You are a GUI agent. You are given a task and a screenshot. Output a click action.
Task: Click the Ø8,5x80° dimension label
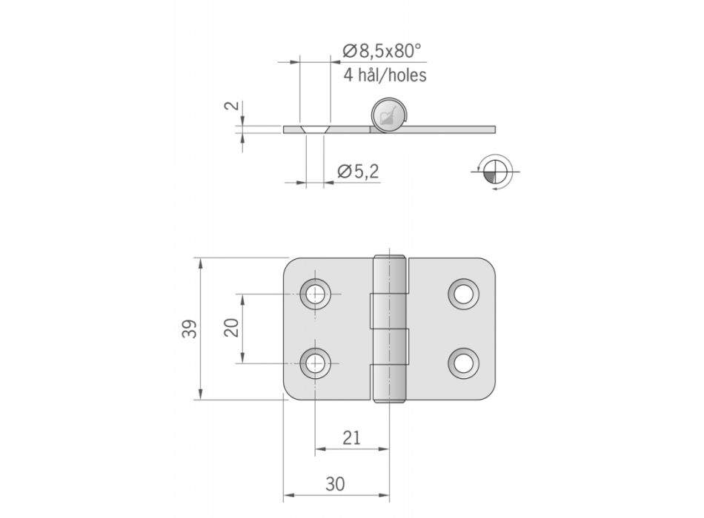(x=382, y=51)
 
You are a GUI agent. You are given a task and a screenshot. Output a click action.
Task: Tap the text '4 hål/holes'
(x=385, y=75)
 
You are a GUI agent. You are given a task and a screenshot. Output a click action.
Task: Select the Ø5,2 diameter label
(x=358, y=172)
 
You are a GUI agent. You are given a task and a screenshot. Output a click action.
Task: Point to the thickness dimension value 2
(x=232, y=106)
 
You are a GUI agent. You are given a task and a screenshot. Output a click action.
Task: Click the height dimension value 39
(x=190, y=329)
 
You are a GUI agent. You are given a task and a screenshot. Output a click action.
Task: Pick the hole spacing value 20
(x=232, y=328)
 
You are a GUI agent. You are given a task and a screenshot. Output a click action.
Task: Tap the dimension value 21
(x=351, y=438)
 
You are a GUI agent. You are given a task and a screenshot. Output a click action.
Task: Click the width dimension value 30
(x=335, y=485)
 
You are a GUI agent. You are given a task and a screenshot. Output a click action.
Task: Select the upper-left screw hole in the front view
(x=315, y=295)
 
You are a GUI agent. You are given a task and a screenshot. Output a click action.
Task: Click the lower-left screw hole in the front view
(x=315, y=363)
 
